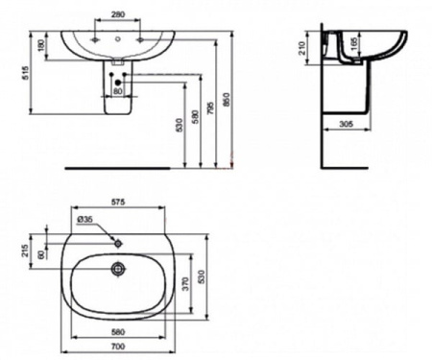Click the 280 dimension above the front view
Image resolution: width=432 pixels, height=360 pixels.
tap(117, 15)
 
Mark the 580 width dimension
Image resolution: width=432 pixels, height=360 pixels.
tap(120, 332)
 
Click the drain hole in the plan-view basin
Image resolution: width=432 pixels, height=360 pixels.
tap(118, 270)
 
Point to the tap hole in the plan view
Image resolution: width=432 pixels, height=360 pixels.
tap(118, 241)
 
